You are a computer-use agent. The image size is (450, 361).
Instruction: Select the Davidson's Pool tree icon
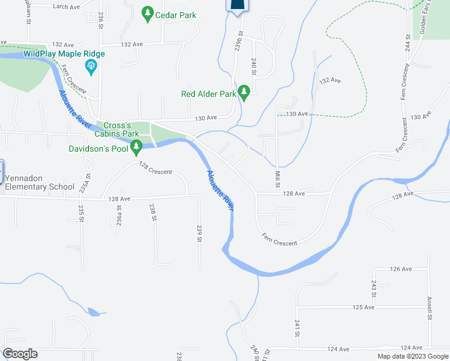137,146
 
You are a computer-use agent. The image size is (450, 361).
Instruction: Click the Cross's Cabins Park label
117,129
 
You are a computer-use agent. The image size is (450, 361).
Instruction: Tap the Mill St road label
277,179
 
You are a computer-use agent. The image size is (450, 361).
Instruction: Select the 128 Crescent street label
155,168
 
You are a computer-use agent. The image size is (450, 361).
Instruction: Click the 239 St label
199,233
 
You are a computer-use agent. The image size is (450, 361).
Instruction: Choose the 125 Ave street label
363,307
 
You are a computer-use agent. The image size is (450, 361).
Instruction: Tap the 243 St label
374,289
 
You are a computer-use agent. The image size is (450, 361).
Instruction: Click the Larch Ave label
66,7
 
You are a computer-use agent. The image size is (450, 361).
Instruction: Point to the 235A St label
88,183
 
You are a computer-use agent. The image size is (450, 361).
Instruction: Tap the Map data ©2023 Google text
412,356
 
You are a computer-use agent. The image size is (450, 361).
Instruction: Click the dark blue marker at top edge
237,6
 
